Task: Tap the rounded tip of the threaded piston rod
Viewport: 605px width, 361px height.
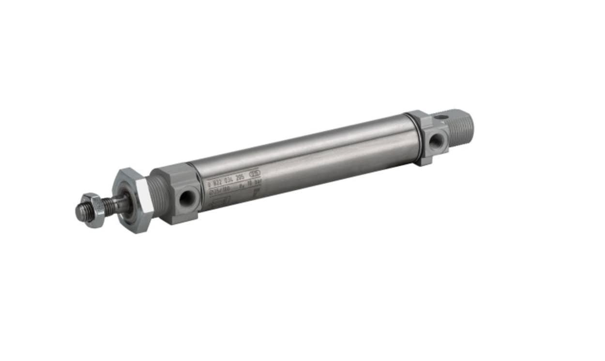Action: click(78, 212)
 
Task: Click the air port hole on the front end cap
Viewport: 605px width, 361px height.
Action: click(185, 199)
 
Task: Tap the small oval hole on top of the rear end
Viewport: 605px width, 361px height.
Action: click(441, 117)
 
